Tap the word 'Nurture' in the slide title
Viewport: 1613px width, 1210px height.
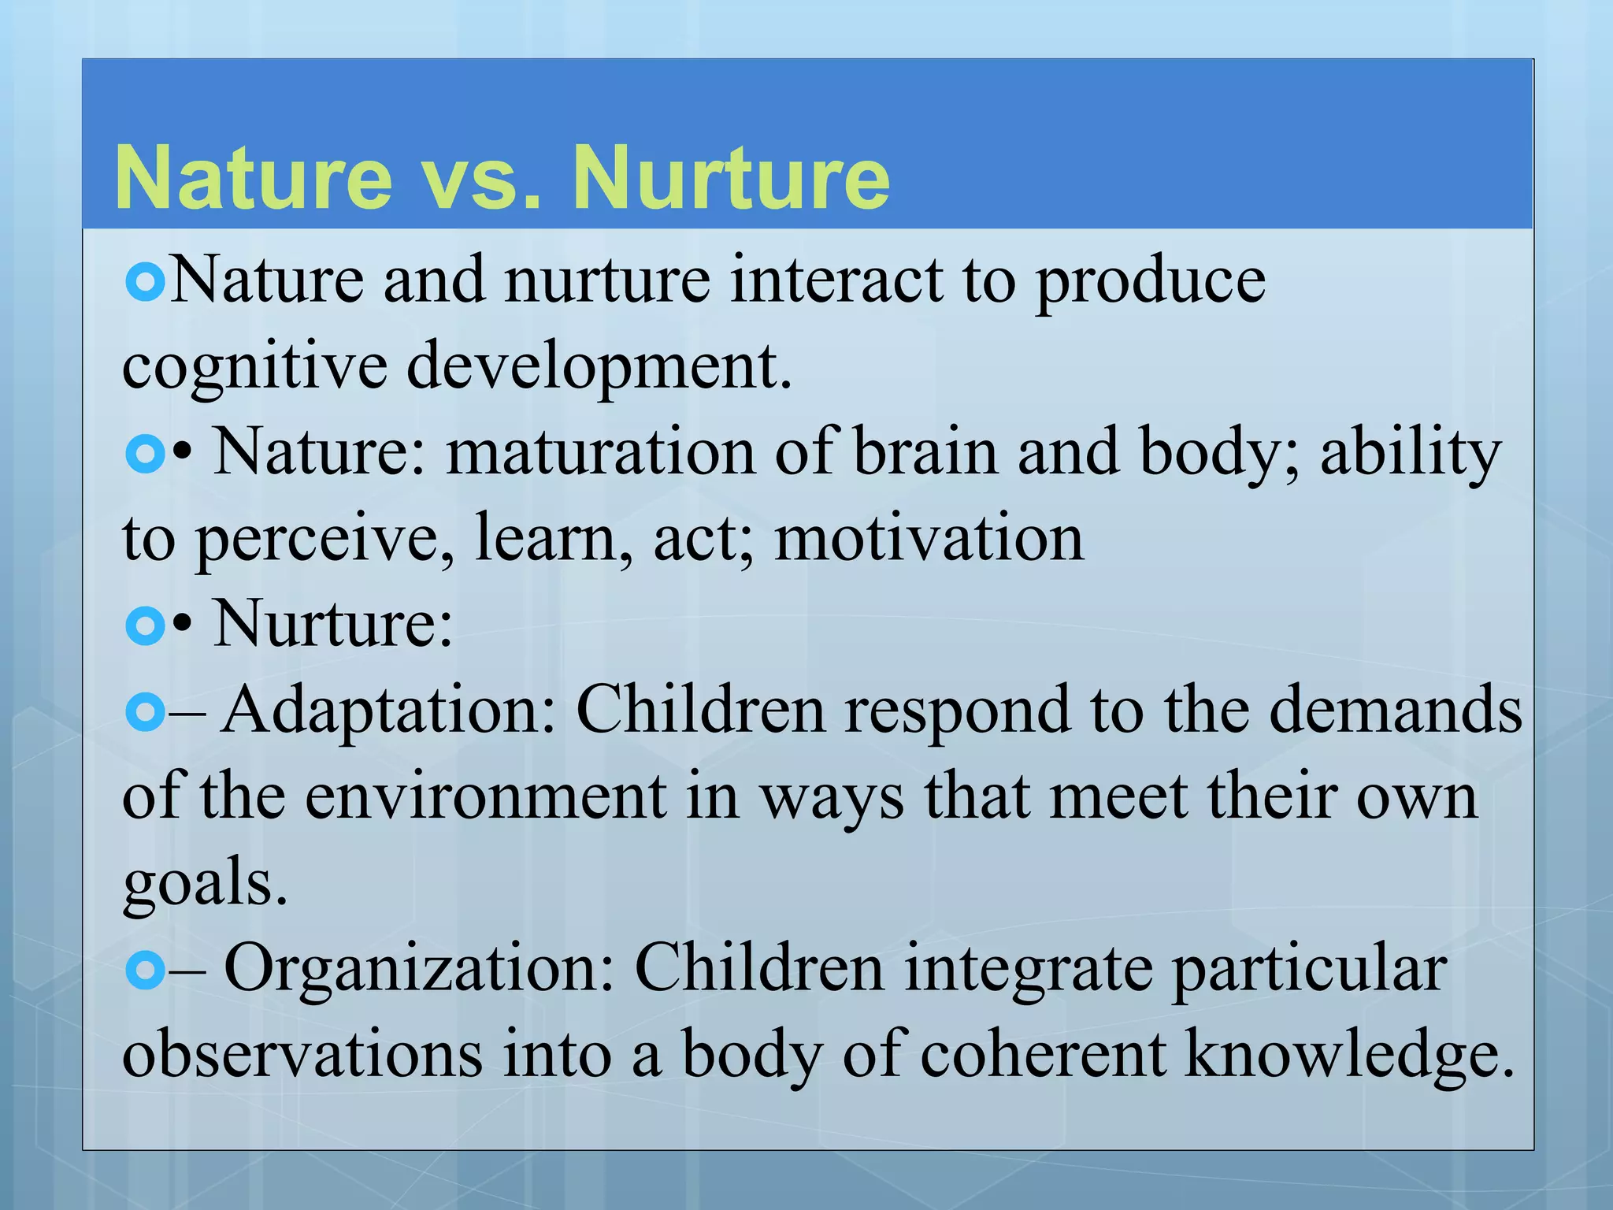tap(731, 178)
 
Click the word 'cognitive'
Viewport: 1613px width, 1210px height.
tap(254, 367)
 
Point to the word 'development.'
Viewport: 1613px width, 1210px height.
tap(599, 367)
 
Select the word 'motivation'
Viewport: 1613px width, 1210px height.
tap(929, 539)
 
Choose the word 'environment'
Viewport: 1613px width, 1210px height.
tap(486, 797)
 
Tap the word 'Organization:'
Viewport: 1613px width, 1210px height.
tap(418, 969)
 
